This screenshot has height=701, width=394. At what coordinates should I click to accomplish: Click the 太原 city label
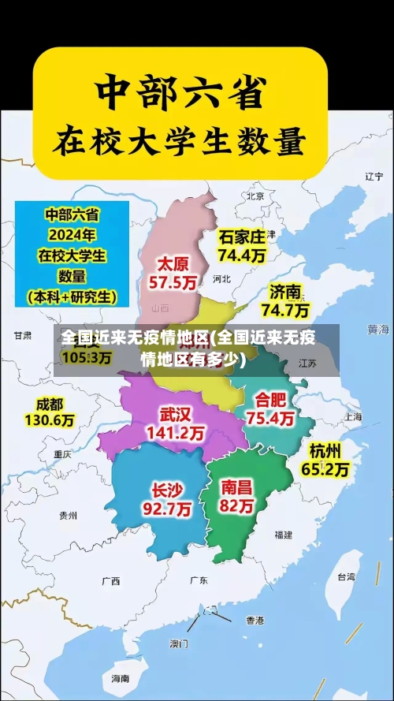click(174, 263)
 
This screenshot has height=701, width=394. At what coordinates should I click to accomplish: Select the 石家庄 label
click(242, 237)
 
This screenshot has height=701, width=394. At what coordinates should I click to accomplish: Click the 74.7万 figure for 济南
click(285, 310)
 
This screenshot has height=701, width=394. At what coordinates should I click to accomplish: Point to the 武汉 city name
click(175, 414)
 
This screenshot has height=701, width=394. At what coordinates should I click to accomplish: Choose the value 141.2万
click(175, 433)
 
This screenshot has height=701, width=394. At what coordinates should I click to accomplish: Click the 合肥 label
click(270, 399)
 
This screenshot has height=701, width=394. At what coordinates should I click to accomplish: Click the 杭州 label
click(325, 451)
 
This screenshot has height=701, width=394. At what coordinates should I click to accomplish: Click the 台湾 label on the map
click(346, 576)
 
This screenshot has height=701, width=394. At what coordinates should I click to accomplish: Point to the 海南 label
click(120, 678)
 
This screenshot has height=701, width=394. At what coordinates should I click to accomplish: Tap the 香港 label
click(255, 620)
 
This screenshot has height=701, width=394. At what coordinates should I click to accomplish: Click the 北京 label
click(255, 196)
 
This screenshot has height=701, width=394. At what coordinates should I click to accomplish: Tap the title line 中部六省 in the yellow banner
click(179, 94)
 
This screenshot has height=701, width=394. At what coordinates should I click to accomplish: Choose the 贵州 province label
click(68, 515)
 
